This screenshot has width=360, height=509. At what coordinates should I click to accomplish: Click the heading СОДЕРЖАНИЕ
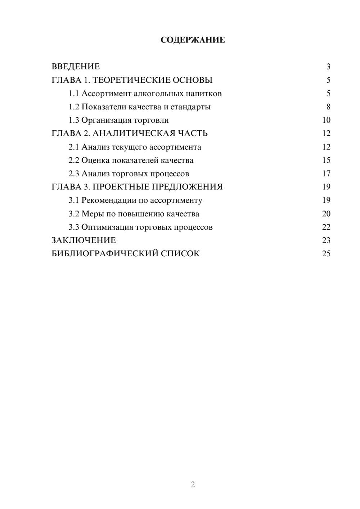193,40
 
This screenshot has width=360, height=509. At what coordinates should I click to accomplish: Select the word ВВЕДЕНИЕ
76,67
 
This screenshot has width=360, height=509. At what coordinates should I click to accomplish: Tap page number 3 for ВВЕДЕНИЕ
328,67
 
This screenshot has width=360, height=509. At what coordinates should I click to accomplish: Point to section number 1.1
74,94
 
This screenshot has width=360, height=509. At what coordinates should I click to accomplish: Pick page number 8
328,107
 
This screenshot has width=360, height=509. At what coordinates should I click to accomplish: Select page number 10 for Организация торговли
326,120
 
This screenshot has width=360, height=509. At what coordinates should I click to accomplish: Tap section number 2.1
74,147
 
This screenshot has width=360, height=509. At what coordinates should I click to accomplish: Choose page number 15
326,160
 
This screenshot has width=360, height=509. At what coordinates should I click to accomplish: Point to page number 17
326,174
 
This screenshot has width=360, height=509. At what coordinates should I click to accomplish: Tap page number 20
326,214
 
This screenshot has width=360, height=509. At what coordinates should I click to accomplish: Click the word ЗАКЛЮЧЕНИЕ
84,240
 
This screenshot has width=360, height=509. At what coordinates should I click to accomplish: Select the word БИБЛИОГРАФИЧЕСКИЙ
105,254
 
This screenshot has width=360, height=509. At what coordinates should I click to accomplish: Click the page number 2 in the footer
193,485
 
